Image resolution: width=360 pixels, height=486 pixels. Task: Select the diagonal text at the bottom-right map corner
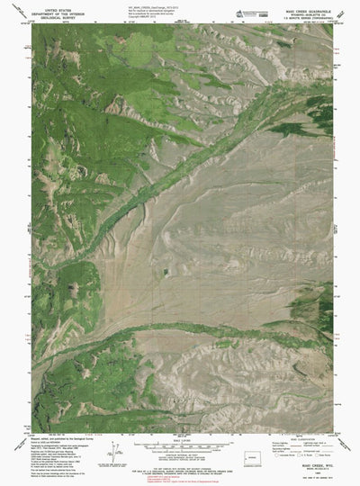coord(340,418)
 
